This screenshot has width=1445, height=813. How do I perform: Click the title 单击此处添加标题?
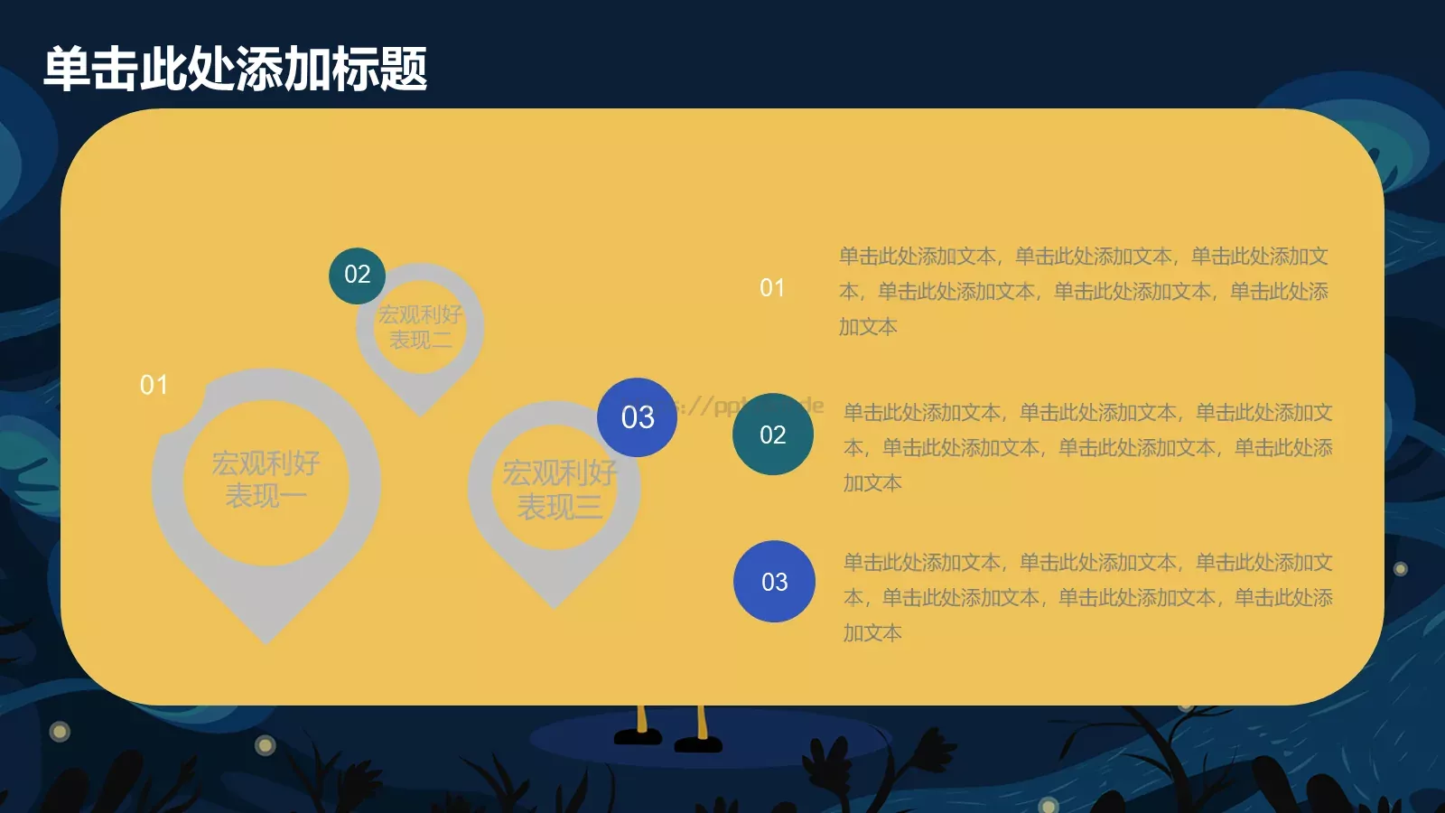pyautogui.click(x=236, y=70)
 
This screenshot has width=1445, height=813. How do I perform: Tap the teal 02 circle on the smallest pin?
pyautogui.click(x=357, y=275)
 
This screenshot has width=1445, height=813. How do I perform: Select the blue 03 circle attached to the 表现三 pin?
pyautogui.click(x=637, y=417)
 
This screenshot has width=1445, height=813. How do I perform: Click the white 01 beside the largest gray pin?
pyautogui.click(x=154, y=386)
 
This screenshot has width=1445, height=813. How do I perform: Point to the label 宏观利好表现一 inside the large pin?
pyautogui.click(x=266, y=480)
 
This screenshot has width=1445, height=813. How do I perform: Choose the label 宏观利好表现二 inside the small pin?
pyautogui.click(x=420, y=327)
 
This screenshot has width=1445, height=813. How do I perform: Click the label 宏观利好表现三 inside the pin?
pyautogui.click(x=559, y=489)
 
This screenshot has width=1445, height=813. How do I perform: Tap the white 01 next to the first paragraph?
pyautogui.click(x=772, y=288)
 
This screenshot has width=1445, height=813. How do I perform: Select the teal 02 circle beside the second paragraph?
pyautogui.click(x=773, y=435)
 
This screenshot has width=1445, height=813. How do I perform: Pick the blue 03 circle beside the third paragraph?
pyautogui.click(x=774, y=582)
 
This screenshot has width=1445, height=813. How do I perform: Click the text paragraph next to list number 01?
pyautogui.click(x=1084, y=291)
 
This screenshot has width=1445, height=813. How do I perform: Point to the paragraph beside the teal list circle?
pyautogui.click(x=1087, y=447)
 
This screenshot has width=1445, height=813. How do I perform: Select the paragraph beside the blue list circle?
pyautogui.click(x=1087, y=597)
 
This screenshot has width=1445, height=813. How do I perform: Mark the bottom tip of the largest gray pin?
pyautogui.click(x=266, y=640)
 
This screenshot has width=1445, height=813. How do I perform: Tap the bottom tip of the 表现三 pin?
pyautogui.click(x=554, y=604)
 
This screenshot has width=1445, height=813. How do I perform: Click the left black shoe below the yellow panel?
pyautogui.click(x=639, y=737)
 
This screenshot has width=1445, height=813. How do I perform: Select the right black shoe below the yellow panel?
pyautogui.click(x=698, y=744)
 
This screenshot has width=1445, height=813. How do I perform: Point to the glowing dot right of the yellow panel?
pyautogui.click(x=1401, y=569)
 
